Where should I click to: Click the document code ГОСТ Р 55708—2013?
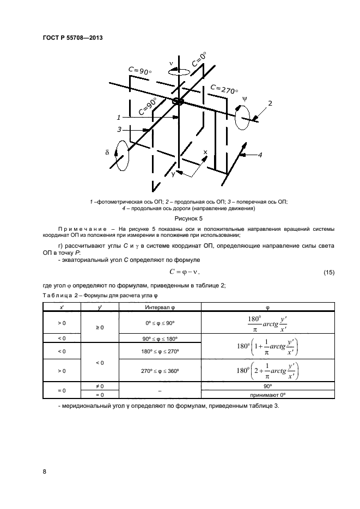(x=72, y=38)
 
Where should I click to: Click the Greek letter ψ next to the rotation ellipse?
(x=245, y=99)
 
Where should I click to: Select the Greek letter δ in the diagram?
(x=107, y=153)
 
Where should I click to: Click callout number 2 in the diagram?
(x=269, y=103)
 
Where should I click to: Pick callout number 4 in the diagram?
(x=260, y=155)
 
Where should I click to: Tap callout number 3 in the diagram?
(x=119, y=130)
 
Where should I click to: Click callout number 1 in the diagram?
(x=118, y=117)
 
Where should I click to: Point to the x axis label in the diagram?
(x=205, y=152)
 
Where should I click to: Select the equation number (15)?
(x=329, y=272)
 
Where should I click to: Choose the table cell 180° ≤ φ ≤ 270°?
(x=160, y=351)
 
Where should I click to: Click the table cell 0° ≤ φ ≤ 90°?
(x=160, y=323)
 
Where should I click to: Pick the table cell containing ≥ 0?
(x=100, y=328)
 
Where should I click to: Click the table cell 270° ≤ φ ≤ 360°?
(x=160, y=371)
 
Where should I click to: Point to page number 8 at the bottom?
(x=44, y=471)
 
